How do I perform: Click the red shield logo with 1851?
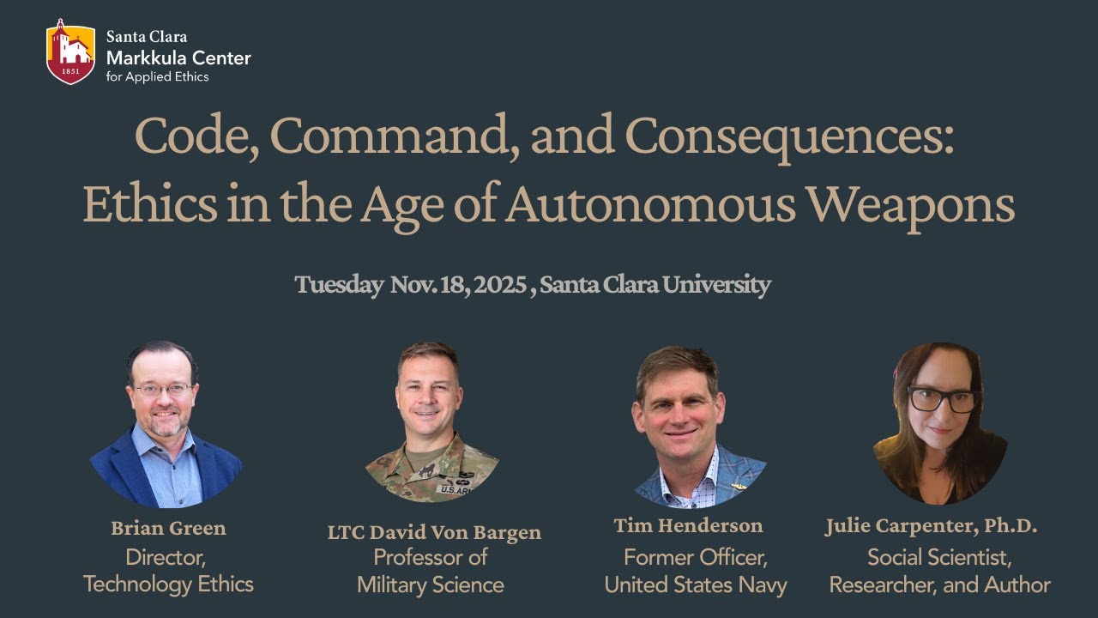[x=70, y=51]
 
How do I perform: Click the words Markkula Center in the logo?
[x=178, y=58]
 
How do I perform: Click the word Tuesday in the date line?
[x=339, y=285]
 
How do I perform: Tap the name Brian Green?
[x=168, y=528]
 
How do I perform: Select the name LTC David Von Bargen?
[x=434, y=532]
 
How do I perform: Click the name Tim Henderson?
[x=688, y=525]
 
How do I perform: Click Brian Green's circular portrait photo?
[x=166, y=424]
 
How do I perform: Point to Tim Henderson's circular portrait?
[x=691, y=426]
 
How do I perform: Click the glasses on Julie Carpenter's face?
[x=943, y=399]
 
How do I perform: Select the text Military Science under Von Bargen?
[x=431, y=585]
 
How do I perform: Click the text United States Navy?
[x=696, y=585]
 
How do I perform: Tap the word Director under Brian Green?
[x=166, y=557]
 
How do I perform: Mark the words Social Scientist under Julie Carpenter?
[x=939, y=557]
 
